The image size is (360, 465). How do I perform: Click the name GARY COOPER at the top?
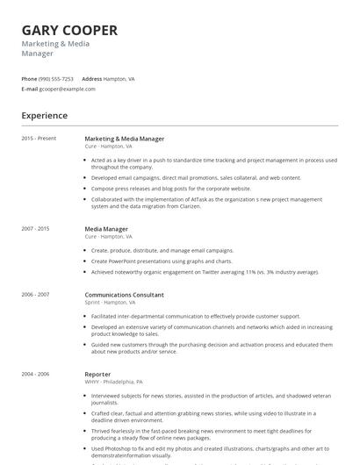point(69,30)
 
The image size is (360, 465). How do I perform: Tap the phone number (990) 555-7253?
point(57,79)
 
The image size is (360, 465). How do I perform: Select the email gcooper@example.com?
point(67,89)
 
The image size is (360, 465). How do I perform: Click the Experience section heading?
point(44,116)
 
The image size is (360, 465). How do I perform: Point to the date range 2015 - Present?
point(39,139)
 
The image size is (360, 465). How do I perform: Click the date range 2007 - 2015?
point(36,229)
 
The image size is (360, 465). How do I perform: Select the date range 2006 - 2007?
point(36,295)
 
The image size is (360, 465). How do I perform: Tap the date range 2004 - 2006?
point(36,374)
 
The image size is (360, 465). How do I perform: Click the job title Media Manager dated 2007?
point(106,229)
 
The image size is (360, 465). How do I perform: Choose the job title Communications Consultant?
point(124,295)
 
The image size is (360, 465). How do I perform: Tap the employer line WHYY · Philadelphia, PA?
point(113,382)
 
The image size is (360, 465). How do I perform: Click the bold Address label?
point(91,79)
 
